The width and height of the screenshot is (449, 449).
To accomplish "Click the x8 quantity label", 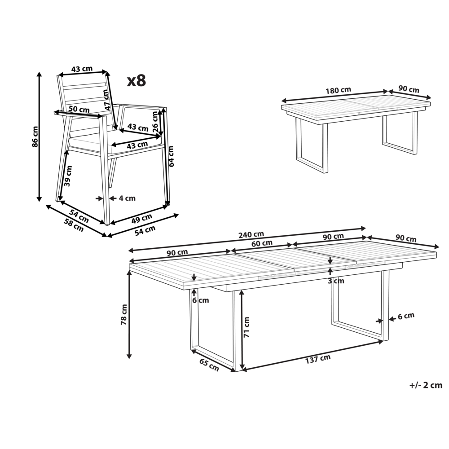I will tap(136, 80).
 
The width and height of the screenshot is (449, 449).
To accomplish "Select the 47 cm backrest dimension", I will tap(107, 99).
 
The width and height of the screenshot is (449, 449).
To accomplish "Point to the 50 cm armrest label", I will tap(79, 110).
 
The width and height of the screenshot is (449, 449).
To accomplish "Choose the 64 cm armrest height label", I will tap(171, 156).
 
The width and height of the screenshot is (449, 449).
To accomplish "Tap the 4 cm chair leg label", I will tap(127, 198).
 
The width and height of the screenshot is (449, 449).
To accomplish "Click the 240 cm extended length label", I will tap(251, 234).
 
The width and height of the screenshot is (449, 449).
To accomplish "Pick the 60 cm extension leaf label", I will tap(262, 243).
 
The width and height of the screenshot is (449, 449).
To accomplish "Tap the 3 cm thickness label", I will tap(336, 281).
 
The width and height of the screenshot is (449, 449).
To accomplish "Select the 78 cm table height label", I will tap(124, 314).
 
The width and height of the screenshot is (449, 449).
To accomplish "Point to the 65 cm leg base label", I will tap(209, 365).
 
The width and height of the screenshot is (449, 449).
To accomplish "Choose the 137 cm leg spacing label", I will tap(318, 358).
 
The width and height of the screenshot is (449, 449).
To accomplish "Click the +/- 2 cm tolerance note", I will tap(426, 385).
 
